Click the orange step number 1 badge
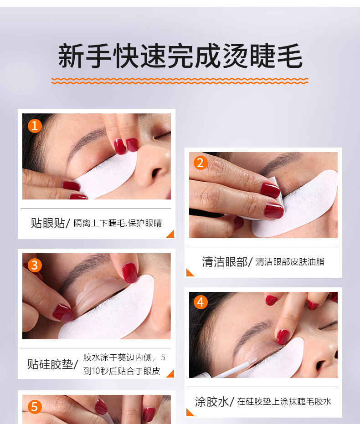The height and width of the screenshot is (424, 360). coord(35,126)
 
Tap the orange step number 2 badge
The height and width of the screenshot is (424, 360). coord(201,163)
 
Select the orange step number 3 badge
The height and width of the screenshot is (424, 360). coord(35,265)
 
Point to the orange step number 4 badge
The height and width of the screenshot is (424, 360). coord(201,302)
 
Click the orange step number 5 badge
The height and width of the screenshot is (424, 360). coord(35,407)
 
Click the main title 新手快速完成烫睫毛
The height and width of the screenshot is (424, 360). coord(180,56)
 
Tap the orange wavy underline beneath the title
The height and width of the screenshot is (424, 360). coord(180,81)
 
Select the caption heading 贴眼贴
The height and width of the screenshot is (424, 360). coord(48,223)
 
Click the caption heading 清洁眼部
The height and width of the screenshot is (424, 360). coord(225,262)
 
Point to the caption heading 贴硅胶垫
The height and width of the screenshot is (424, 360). coord(50,364)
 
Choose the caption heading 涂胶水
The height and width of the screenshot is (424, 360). coord(212,402)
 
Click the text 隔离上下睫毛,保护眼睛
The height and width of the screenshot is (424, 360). coord(118,223)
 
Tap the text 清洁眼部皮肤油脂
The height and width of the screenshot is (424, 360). coord(290,262)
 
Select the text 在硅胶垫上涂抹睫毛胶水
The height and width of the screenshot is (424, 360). coord(284,402)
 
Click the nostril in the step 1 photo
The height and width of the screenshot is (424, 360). coord(157,173)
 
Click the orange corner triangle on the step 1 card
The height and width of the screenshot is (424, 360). coord(171,235)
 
